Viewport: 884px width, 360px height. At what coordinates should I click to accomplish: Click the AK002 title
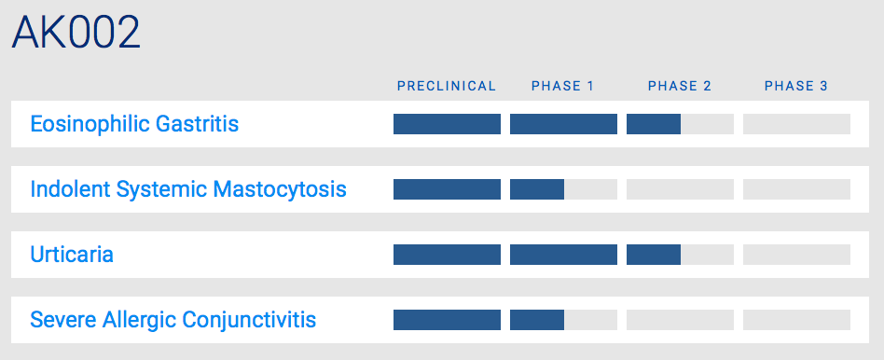click(76, 33)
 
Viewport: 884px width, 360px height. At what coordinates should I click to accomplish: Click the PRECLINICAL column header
click(447, 86)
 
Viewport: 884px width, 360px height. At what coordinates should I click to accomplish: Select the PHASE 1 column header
click(562, 86)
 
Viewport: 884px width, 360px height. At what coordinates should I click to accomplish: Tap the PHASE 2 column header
click(680, 86)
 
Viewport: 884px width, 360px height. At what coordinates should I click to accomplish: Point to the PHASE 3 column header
click(796, 86)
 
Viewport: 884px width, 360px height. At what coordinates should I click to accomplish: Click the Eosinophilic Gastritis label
click(134, 124)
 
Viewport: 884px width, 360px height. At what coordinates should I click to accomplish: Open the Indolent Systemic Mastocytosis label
click(188, 189)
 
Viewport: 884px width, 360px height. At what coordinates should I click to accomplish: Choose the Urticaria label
click(72, 255)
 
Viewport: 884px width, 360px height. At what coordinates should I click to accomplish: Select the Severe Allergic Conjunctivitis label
click(173, 320)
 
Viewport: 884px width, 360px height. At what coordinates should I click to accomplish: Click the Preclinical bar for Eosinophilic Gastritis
click(447, 124)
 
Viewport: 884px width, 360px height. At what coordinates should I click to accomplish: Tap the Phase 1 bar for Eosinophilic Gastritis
click(563, 124)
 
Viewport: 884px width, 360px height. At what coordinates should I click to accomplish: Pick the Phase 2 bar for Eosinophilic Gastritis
click(680, 124)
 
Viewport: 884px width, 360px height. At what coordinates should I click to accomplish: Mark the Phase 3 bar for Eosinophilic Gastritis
click(796, 124)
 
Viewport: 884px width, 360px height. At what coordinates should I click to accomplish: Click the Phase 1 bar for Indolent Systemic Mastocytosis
click(563, 189)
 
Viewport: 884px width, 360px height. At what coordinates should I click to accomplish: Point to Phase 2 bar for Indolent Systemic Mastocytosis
click(680, 189)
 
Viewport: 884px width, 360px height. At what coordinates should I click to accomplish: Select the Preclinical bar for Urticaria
click(447, 255)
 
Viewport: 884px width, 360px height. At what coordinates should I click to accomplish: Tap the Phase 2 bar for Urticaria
click(680, 255)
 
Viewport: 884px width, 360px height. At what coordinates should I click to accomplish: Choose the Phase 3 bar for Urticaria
click(796, 255)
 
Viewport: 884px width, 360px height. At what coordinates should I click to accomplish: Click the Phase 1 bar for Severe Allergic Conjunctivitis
click(563, 320)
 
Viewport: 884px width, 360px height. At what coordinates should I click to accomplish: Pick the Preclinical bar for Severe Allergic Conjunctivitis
click(447, 320)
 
